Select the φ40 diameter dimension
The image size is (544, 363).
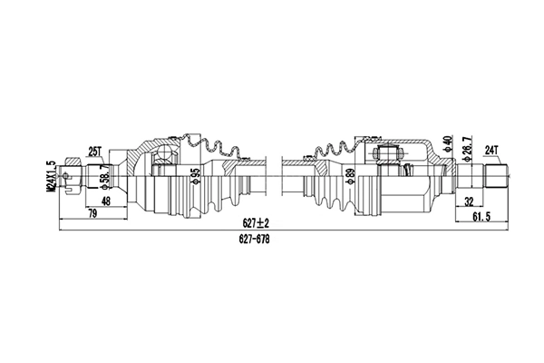click(x=447, y=144)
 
